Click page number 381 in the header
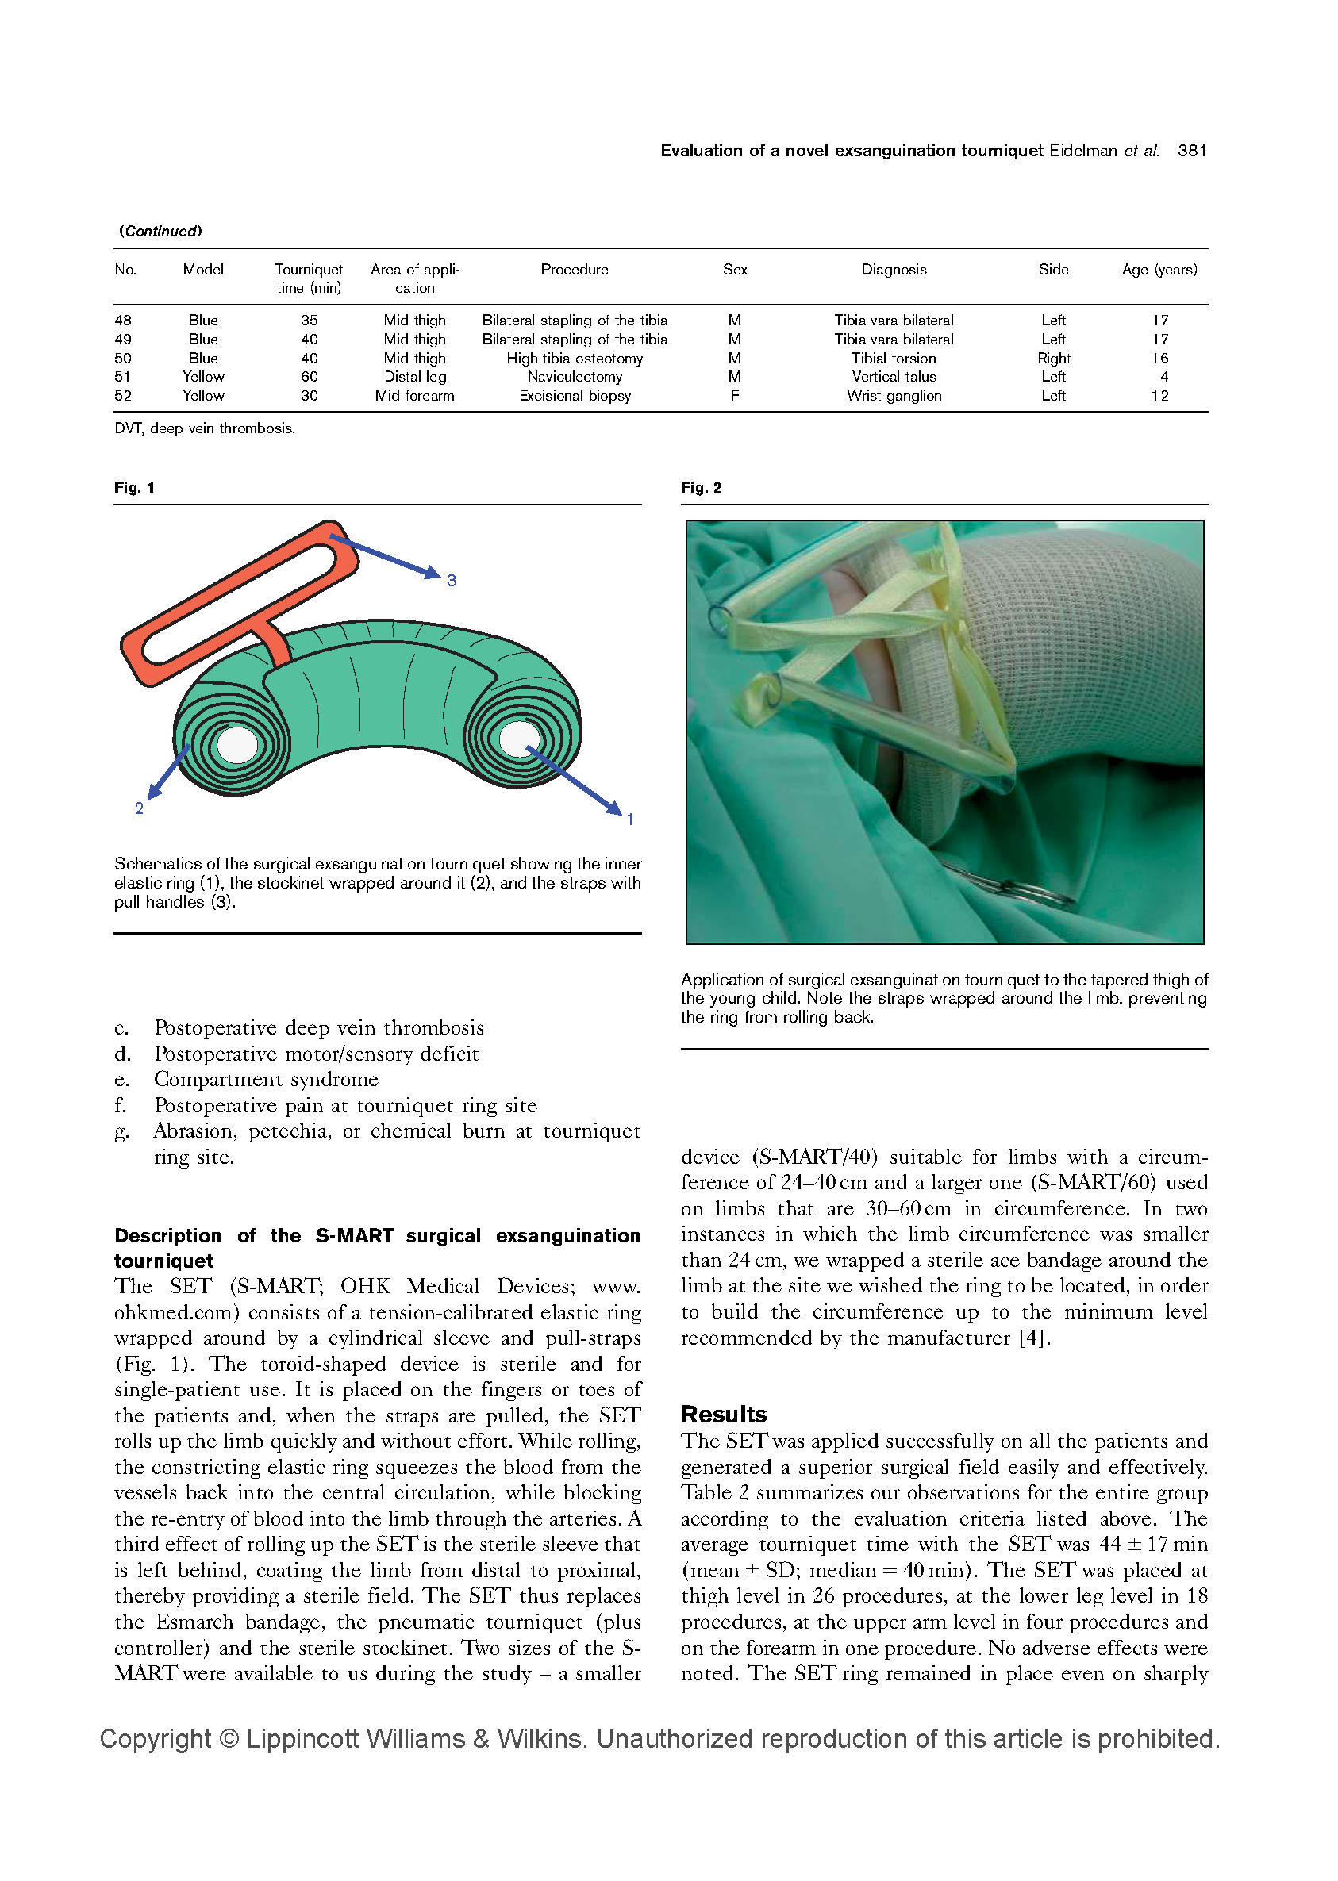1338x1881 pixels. click(1191, 151)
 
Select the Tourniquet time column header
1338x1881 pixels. click(309, 278)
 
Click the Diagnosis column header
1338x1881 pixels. click(894, 270)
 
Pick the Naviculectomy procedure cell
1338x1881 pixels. click(575, 377)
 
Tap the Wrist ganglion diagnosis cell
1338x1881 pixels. click(894, 396)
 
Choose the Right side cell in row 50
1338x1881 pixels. click(1054, 359)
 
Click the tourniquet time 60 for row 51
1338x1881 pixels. click(309, 377)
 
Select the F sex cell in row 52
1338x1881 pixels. click(735, 396)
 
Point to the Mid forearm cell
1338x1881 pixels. click(414, 396)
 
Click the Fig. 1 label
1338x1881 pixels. click(134, 489)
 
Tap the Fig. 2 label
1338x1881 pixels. click(701, 489)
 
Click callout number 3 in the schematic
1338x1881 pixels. click(452, 581)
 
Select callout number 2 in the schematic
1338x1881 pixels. click(139, 808)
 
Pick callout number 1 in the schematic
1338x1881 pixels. click(630, 820)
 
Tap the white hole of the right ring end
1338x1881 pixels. click(517, 738)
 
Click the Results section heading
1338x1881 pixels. click(724, 1415)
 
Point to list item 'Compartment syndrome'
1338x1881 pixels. click(265, 1080)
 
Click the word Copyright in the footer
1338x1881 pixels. click(155, 1738)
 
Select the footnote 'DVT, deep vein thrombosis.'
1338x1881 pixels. click(204, 429)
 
